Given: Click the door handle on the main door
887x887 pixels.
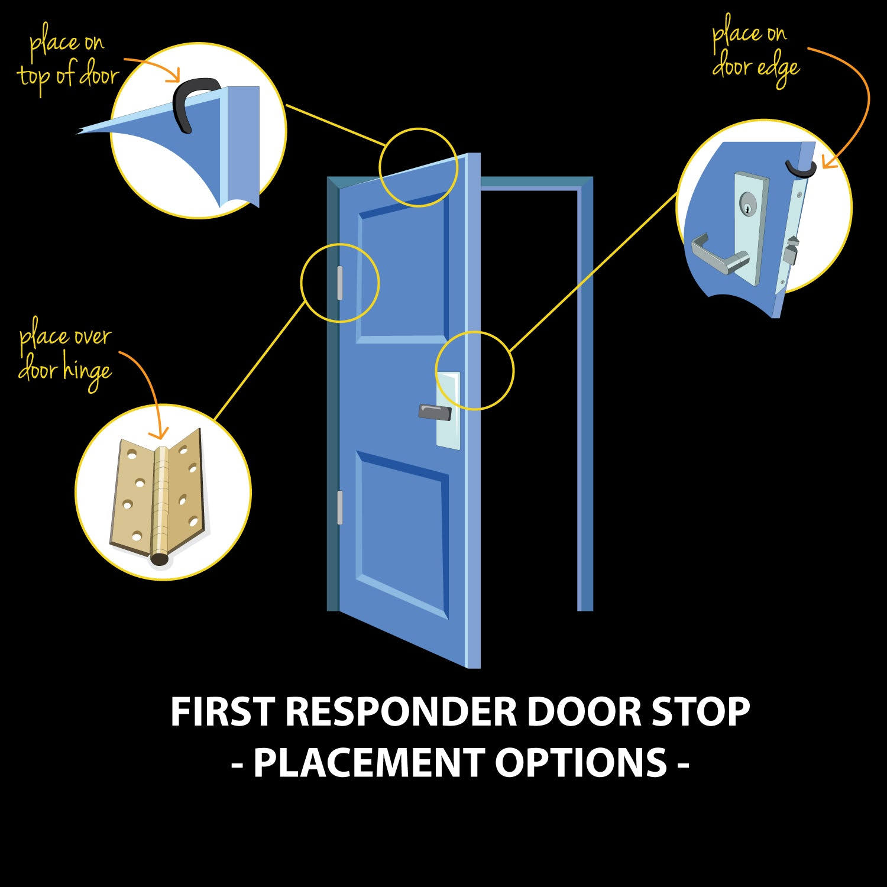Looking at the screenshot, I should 435,412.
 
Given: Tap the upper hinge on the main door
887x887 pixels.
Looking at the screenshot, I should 339,283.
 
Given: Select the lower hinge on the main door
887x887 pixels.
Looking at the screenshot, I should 339,507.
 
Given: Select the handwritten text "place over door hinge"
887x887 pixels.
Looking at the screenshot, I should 65,354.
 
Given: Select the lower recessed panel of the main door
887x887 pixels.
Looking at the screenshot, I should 402,532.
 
